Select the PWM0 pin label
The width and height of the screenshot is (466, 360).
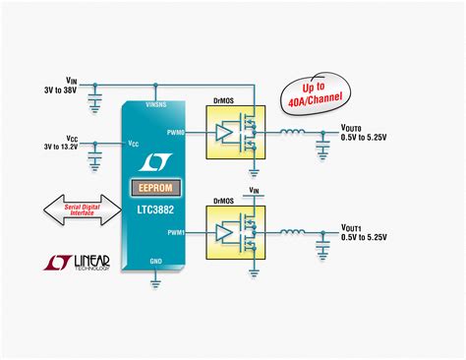point(175,130)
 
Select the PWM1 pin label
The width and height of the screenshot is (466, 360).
point(175,232)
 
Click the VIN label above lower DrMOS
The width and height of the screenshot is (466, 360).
point(254,189)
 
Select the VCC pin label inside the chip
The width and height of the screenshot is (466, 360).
point(133,143)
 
